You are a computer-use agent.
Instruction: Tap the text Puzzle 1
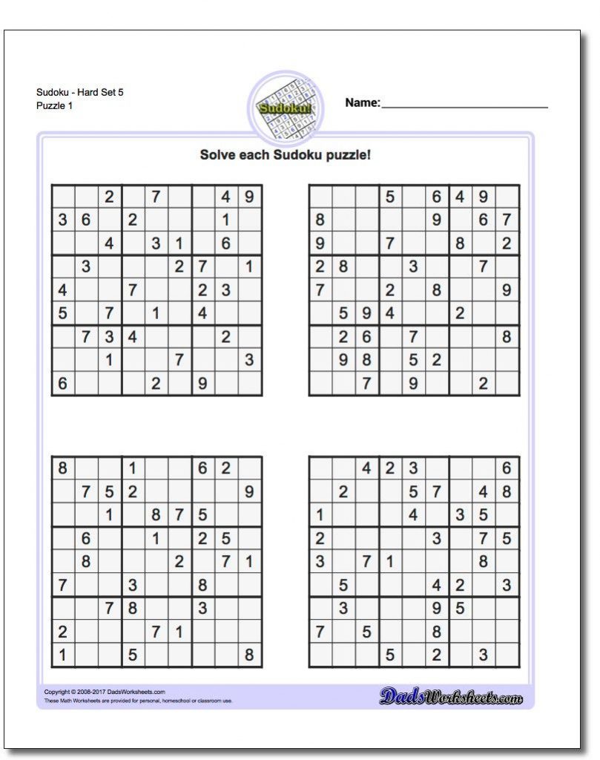point(54,106)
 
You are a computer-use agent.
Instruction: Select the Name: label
point(362,102)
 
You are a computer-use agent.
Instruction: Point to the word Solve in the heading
point(216,155)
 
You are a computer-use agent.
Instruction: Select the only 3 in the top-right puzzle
point(413,266)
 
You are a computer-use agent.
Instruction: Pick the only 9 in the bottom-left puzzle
point(248,491)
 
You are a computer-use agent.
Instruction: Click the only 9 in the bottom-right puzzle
point(437,609)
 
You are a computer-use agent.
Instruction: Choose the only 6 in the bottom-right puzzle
point(506,469)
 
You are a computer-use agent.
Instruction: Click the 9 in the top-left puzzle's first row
point(249,197)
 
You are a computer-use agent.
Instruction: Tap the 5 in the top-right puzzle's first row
point(389,197)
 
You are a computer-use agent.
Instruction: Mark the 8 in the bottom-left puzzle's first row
point(62,469)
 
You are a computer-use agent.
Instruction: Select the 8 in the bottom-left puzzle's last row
point(248,655)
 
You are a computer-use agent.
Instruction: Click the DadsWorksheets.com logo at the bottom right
point(451,696)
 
